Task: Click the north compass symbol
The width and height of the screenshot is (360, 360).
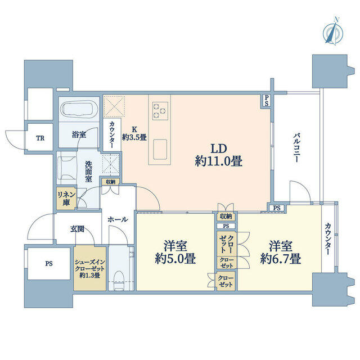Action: (333, 32)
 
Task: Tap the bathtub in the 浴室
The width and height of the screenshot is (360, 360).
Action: (79, 110)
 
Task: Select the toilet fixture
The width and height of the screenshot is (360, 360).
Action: (119, 280)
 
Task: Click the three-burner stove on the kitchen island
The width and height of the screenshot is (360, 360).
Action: (160, 111)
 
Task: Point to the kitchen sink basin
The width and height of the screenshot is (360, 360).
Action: (160, 149)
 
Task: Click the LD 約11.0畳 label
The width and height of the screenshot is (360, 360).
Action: (219, 155)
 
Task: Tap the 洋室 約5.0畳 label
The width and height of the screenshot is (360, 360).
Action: (175, 253)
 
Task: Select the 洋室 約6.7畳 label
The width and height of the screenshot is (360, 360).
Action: (281, 253)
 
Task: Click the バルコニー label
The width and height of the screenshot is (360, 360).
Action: (296, 148)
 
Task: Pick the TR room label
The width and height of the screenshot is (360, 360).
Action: (40, 138)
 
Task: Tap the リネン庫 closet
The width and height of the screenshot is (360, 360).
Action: (66, 199)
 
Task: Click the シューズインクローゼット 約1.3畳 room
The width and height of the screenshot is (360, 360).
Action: (90, 269)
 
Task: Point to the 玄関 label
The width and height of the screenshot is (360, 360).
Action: (77, 229)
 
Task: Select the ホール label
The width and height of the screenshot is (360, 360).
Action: (118, 219)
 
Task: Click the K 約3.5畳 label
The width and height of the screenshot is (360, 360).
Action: (134, 134)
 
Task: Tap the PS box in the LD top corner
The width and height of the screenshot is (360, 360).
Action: (266, 101)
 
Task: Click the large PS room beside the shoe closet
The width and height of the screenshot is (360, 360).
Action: (49, 264)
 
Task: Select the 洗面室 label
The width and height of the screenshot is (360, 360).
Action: (89, 172)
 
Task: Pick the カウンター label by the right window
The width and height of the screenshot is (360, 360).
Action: (327, 238)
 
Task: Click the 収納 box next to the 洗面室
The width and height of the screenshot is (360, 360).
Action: (111, 182)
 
